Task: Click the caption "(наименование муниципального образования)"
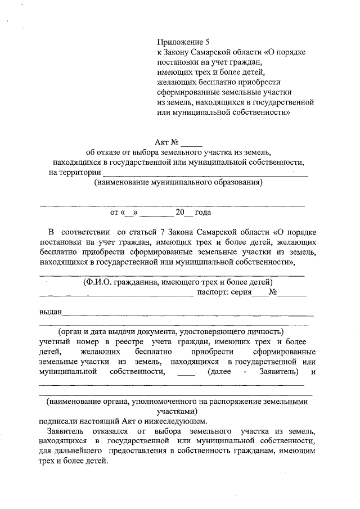[178, 183]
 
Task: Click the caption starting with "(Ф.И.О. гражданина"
[178, 281]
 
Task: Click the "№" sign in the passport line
[274, 292]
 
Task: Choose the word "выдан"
[50, 312]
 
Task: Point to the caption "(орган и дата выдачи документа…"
[174, 332]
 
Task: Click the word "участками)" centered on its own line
[177, 411]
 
